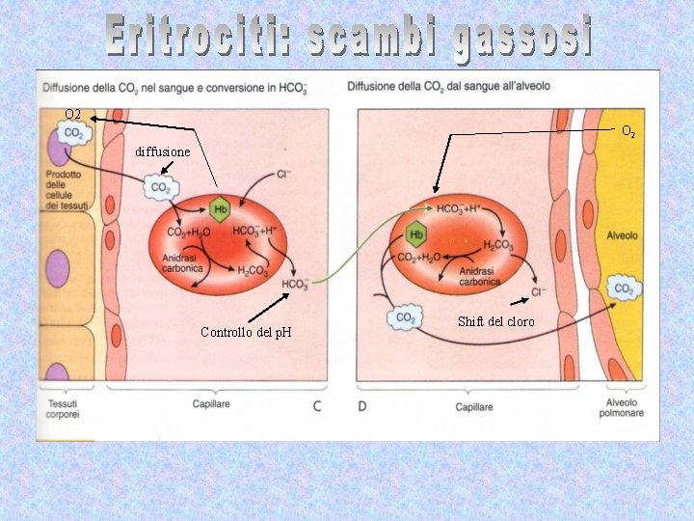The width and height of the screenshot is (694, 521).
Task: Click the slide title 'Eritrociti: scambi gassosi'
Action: pos(348,38)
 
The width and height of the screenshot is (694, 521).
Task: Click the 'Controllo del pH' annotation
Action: pos(246,333)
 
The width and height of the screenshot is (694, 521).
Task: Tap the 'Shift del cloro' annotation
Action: pos(495,321)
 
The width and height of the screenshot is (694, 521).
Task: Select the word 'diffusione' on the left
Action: pos(163,152)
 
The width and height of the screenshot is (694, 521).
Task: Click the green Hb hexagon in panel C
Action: pos(220,209)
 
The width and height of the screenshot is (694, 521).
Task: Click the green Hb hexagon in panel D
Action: pos(416,234)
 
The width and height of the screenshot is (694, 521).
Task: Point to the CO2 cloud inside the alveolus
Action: pos(624,288)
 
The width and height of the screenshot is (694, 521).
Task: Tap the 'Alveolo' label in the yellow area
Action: pos(622,235)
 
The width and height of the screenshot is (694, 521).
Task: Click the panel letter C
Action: pos(317,406)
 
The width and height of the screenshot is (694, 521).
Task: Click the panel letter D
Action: pos(362,406)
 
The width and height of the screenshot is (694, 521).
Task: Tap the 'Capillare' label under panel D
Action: pos(473,407)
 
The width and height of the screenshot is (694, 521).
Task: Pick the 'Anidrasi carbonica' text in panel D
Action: pos(479,277)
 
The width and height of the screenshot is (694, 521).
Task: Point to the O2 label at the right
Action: pos(627,130)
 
